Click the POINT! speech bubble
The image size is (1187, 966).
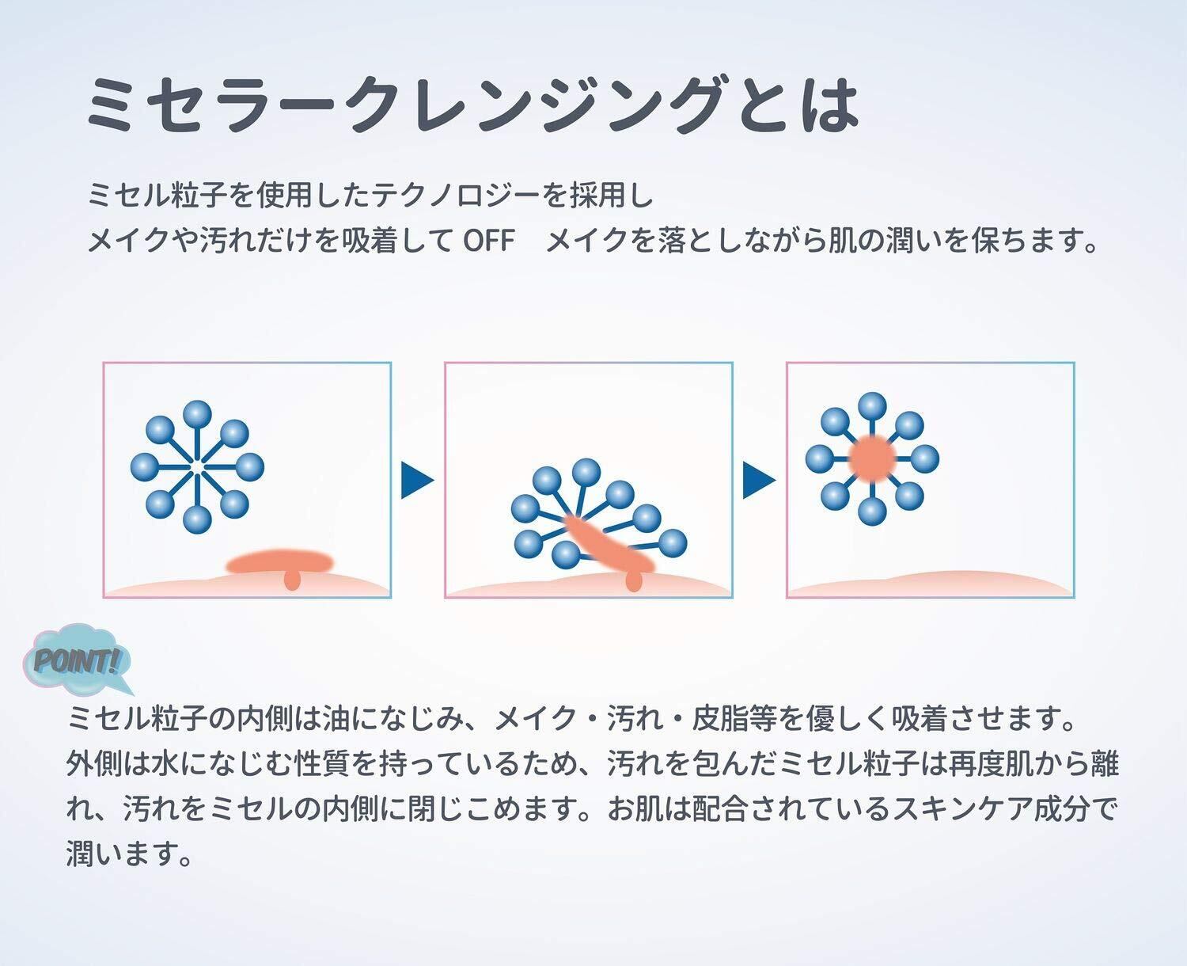click(x=77, y=660)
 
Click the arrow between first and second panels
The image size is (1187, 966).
click(x=417, y=480)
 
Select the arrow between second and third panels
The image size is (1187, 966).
click(x=759, y=480)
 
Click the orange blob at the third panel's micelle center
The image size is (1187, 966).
click(x=872, y=458)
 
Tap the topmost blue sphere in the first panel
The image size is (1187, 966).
click(x=197, y=415)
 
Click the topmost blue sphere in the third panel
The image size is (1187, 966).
click(x=873, y=407)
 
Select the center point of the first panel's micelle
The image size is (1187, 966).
click(x=197, y=467)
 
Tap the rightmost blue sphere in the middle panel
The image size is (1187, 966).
click(x=673, y=543)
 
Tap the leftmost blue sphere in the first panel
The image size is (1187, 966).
click(x=144, y=467)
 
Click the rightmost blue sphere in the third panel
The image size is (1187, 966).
click(x=925, y=458)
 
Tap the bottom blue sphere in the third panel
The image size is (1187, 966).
click(x=873, y=512)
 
